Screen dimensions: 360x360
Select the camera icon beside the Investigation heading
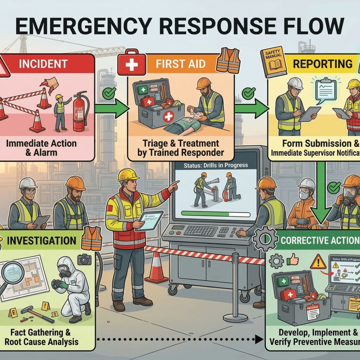coord(84,259)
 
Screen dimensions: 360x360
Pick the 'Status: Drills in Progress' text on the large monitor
coord(211,165)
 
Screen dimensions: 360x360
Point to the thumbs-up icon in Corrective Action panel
coord(292,259)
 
